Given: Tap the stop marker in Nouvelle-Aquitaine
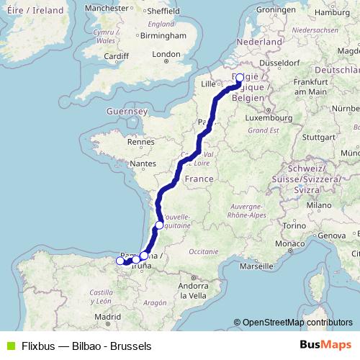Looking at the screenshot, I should (x=160, y=225).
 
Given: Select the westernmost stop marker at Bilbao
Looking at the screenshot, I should (x=120, y=261).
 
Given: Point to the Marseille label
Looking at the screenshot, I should (x=258, y=266).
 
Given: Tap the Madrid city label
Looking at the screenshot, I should (x=107, y=317).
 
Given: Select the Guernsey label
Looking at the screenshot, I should (x=126, y=112).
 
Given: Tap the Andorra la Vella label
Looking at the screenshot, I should (x=194, y=291).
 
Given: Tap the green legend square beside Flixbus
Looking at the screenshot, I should (x=9, y=346).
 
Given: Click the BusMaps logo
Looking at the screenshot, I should (x=325, y=345).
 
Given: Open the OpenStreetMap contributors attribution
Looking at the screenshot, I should (x=297, y=323).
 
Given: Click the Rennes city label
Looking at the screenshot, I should (x=136, y=143).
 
